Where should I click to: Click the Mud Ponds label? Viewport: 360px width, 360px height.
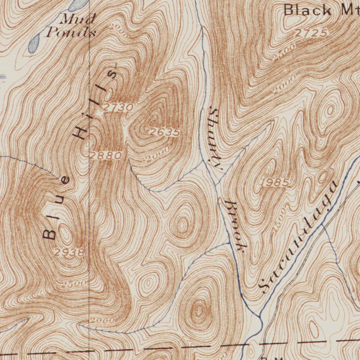tap(71, 26)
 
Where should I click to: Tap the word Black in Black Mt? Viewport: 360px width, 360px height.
tap(307, 9)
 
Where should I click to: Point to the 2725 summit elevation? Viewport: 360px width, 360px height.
tap(311, 33)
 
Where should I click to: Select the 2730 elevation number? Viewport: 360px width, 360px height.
tap(118, 107)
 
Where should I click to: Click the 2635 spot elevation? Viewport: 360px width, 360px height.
tap(164, 133)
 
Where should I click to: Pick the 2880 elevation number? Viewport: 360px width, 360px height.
tap(106, 155)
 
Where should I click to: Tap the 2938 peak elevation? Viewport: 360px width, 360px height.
tap(69, 252)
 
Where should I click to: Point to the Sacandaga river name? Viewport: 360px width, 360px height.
tap(299, 237)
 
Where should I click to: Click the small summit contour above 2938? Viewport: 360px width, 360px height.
tap(66, 233)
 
